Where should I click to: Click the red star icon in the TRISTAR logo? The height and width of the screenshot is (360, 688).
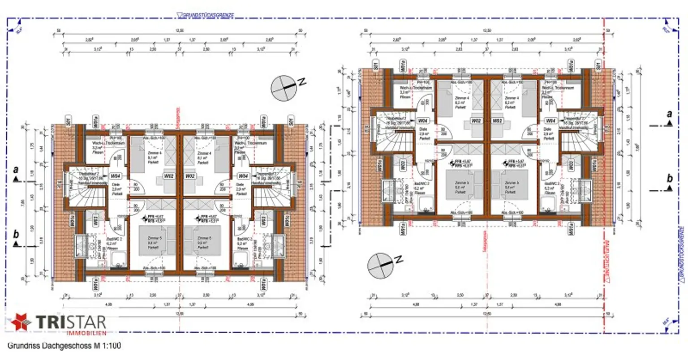[x=19, y=322]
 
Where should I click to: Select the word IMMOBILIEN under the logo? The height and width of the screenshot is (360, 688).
[x=86, y=334]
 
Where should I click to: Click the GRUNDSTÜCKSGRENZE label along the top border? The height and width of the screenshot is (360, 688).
[x=206, y=16]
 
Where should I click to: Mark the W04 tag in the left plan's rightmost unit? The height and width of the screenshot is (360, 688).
[x=243, y=176]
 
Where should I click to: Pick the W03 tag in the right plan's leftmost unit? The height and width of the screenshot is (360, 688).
[x=404, y=165]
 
